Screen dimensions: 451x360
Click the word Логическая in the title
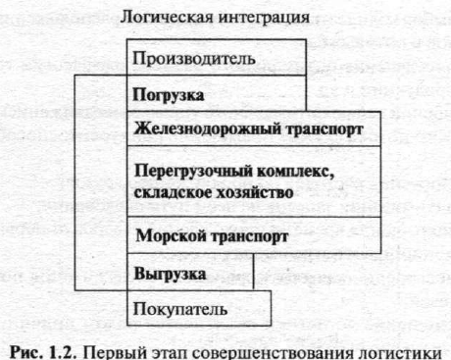pyautogui.click(x=167, y=17)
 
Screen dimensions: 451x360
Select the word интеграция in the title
pyautogui.click(x=264, y=18)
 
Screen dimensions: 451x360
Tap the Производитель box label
pyautogui.click(x=194, y=59)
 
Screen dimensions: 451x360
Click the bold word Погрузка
pyautogui.click(x=169, y=95)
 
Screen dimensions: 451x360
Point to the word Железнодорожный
pyautogui.click(x=208, y=129)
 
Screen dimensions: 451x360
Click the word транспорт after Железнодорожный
pyautogui.click(x=325, y=129)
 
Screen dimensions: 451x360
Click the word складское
pyautogui.click(x=173, y=192)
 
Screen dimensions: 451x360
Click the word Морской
pyautogui.click(x=171, y=235)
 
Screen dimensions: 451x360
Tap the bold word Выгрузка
pyautogui.click(x=170, y=274)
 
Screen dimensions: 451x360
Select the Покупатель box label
pyautogui.click(x=180, y=309)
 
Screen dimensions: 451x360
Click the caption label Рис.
pyautogui.click(x=26, y=352)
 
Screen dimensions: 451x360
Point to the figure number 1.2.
pyautogui.click(x=63, y=352)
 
